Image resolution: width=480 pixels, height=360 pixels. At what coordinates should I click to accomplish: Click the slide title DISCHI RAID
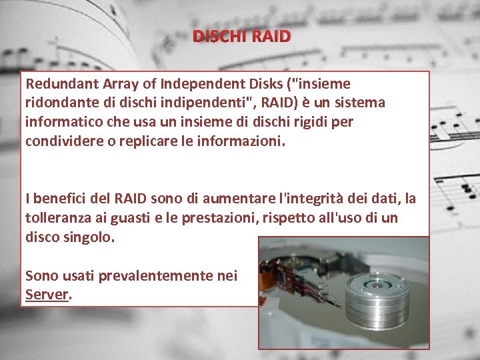(x=242, y=36)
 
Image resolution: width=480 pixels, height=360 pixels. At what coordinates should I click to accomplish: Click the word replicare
(x=157, y=141)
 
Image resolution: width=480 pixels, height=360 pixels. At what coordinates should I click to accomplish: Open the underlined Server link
(x=47, y=295)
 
